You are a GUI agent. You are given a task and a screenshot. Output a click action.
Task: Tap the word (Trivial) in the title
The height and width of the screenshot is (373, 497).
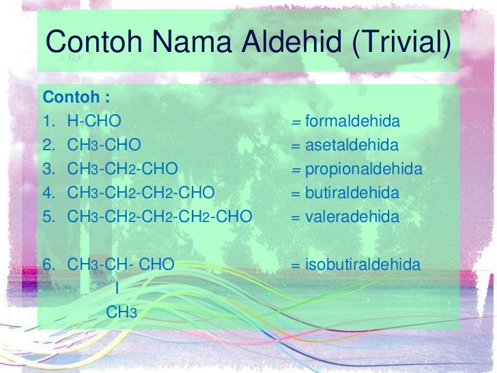point(402,43)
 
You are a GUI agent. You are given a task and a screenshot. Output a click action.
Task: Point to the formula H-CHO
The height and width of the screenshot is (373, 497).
point(95,122)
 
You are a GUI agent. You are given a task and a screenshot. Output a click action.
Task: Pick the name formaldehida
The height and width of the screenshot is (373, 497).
point(352,122)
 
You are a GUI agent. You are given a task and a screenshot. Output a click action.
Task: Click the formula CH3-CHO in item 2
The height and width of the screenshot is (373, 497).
point(104,146)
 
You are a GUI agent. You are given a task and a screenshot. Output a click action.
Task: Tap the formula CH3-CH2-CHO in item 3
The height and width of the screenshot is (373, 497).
point(123,169)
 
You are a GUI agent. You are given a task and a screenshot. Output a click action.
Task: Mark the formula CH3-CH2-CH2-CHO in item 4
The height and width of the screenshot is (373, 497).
point(141,193)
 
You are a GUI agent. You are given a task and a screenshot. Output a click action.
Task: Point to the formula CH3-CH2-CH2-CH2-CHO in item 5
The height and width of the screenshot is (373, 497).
point(160,217)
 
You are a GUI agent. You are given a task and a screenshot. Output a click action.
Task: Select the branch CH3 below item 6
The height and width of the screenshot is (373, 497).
point(122,313)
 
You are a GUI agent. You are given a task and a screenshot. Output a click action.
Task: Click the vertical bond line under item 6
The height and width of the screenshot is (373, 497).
point(117,288)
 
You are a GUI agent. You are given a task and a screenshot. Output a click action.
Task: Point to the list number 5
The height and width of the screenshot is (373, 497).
point(49,217)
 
